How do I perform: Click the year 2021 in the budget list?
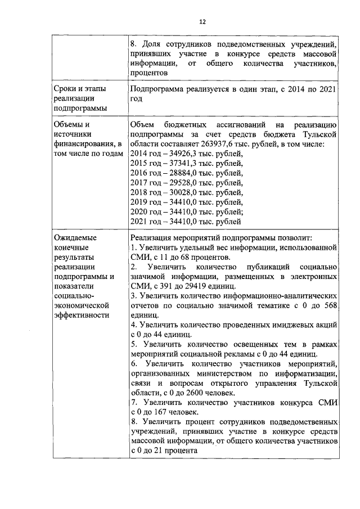pos(138,222)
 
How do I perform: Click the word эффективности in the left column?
pos(82,316)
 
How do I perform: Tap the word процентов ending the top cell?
pos(149,73)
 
